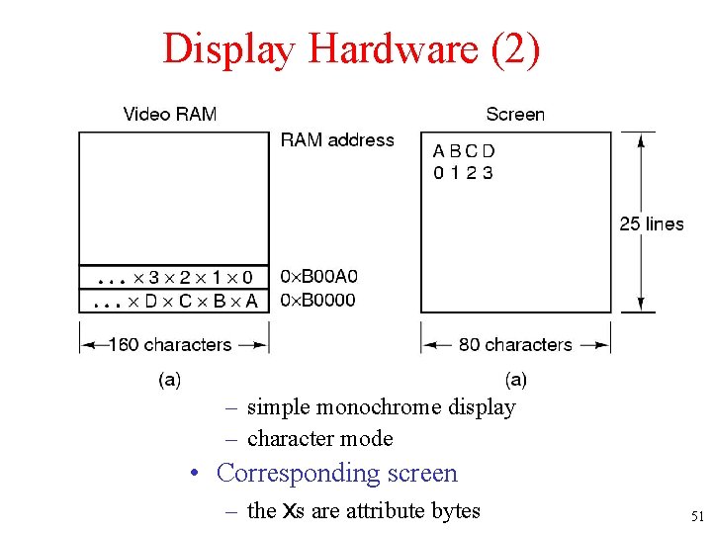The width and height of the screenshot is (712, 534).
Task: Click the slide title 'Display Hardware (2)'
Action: (351, 47)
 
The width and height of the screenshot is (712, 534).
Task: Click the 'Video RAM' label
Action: (169, 114)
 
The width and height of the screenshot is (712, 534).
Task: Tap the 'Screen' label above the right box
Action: (514, 114)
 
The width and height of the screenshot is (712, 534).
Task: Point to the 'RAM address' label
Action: (336, 140)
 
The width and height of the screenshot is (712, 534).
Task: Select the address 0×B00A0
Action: (319, 276)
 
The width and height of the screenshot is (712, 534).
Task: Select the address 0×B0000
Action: (318, 300)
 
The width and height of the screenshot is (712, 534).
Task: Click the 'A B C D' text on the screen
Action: (464, 151)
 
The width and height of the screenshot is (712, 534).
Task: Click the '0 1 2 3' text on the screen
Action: (463, 173)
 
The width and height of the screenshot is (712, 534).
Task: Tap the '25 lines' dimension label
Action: (652, 223)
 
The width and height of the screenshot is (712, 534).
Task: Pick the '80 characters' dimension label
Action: (515, 345)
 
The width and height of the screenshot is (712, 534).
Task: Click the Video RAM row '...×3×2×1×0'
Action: (173, 277)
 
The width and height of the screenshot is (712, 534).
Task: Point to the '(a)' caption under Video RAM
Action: (169, 379)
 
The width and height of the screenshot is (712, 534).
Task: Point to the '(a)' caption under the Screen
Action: (515, 379)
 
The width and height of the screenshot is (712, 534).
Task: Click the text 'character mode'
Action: (319, 438)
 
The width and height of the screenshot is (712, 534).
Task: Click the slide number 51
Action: (697, 515)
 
